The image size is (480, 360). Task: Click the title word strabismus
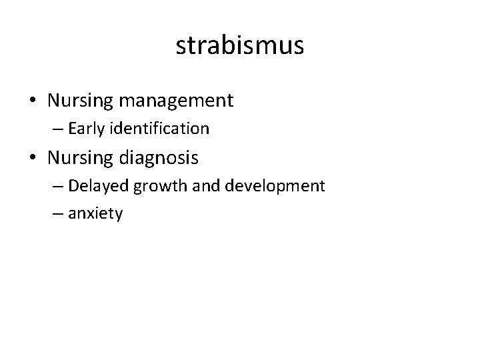point(240,46)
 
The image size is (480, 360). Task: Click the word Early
point(84,128)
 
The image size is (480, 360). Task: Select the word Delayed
point(99,185)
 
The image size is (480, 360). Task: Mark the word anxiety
point(95,215)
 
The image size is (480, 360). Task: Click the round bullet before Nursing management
point(33,101)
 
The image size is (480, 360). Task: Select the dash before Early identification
point(58,129)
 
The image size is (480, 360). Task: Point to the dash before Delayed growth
point(58,186)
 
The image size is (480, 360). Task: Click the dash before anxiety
point(58,215)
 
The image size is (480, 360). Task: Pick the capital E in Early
point(71,127)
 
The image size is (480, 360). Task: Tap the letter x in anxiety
point(93,215)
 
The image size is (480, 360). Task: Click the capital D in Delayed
point(73,185)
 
